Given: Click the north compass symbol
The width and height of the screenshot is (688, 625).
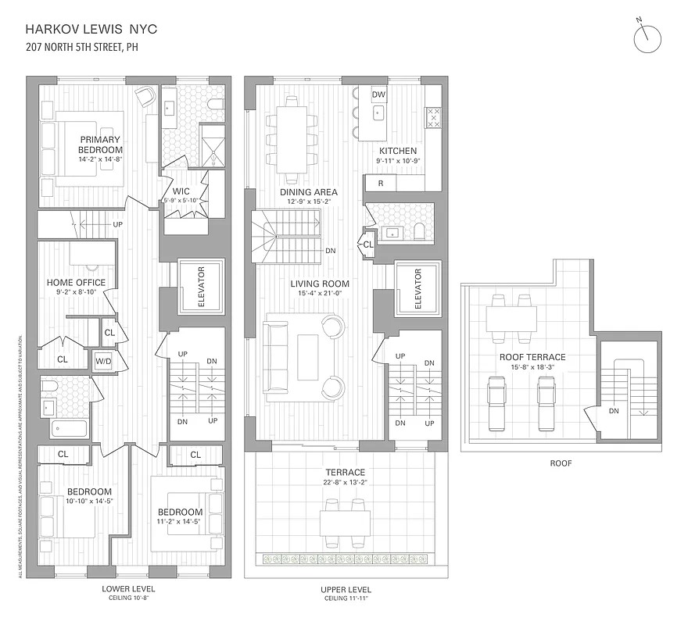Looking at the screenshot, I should coord(647,39).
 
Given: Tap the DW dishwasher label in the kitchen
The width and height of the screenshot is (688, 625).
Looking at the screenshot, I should coord(378,95).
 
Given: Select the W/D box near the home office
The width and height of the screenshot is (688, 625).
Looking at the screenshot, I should coord(103,361).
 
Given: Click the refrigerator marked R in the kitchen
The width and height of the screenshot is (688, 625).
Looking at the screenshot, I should coord(380,183).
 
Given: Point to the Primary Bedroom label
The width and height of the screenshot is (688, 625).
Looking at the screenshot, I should coord(100,145).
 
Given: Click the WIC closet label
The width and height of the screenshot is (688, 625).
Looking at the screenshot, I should coord(182,191).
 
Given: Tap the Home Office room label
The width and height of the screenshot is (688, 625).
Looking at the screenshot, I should coord(76,283).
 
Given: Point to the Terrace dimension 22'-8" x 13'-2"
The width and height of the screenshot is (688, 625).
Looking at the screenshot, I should coord(346,483).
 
